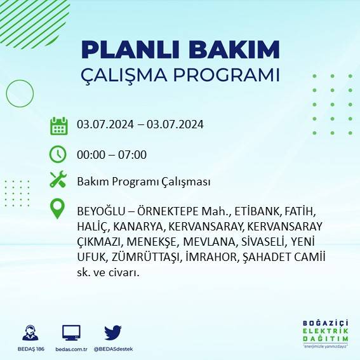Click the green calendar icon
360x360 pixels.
[58, 125]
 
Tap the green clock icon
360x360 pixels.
[58, 154]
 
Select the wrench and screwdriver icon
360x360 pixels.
[58, 180]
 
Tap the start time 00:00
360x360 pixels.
[90, 154]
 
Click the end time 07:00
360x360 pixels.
[133, 154]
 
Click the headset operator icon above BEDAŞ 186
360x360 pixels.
[30, 333]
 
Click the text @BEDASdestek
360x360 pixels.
[113, 349]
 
